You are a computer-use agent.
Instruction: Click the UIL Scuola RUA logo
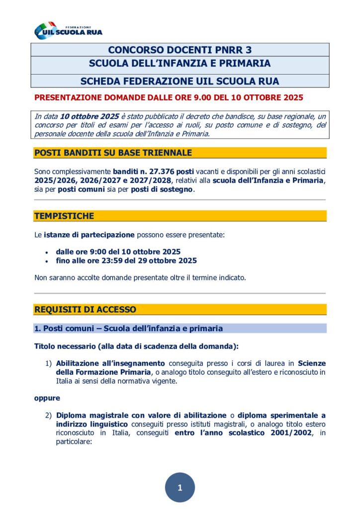[68, 31]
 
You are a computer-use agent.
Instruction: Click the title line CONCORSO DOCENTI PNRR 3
[180, 50]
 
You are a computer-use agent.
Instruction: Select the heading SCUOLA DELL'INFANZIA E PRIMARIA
[180, 64]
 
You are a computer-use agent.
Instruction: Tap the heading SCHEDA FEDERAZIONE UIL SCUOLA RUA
[180, 81]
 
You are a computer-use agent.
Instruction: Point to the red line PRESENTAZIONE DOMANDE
[169, 98]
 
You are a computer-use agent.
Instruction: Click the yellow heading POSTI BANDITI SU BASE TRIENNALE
[113, 153]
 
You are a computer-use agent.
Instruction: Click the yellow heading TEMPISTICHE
[64, 216]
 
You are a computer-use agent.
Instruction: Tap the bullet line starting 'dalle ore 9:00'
[118, 252]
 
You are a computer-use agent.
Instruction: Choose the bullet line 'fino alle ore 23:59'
[126, 260]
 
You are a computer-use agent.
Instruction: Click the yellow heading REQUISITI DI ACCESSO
[85, 309]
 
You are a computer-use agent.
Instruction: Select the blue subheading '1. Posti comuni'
[128, 329]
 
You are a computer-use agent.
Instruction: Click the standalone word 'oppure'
[47, 398]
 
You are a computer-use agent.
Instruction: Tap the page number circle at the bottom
[180, 488]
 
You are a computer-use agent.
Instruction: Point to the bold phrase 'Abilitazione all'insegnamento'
[110, 363]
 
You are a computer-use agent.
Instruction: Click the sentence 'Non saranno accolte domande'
[140, 277]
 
